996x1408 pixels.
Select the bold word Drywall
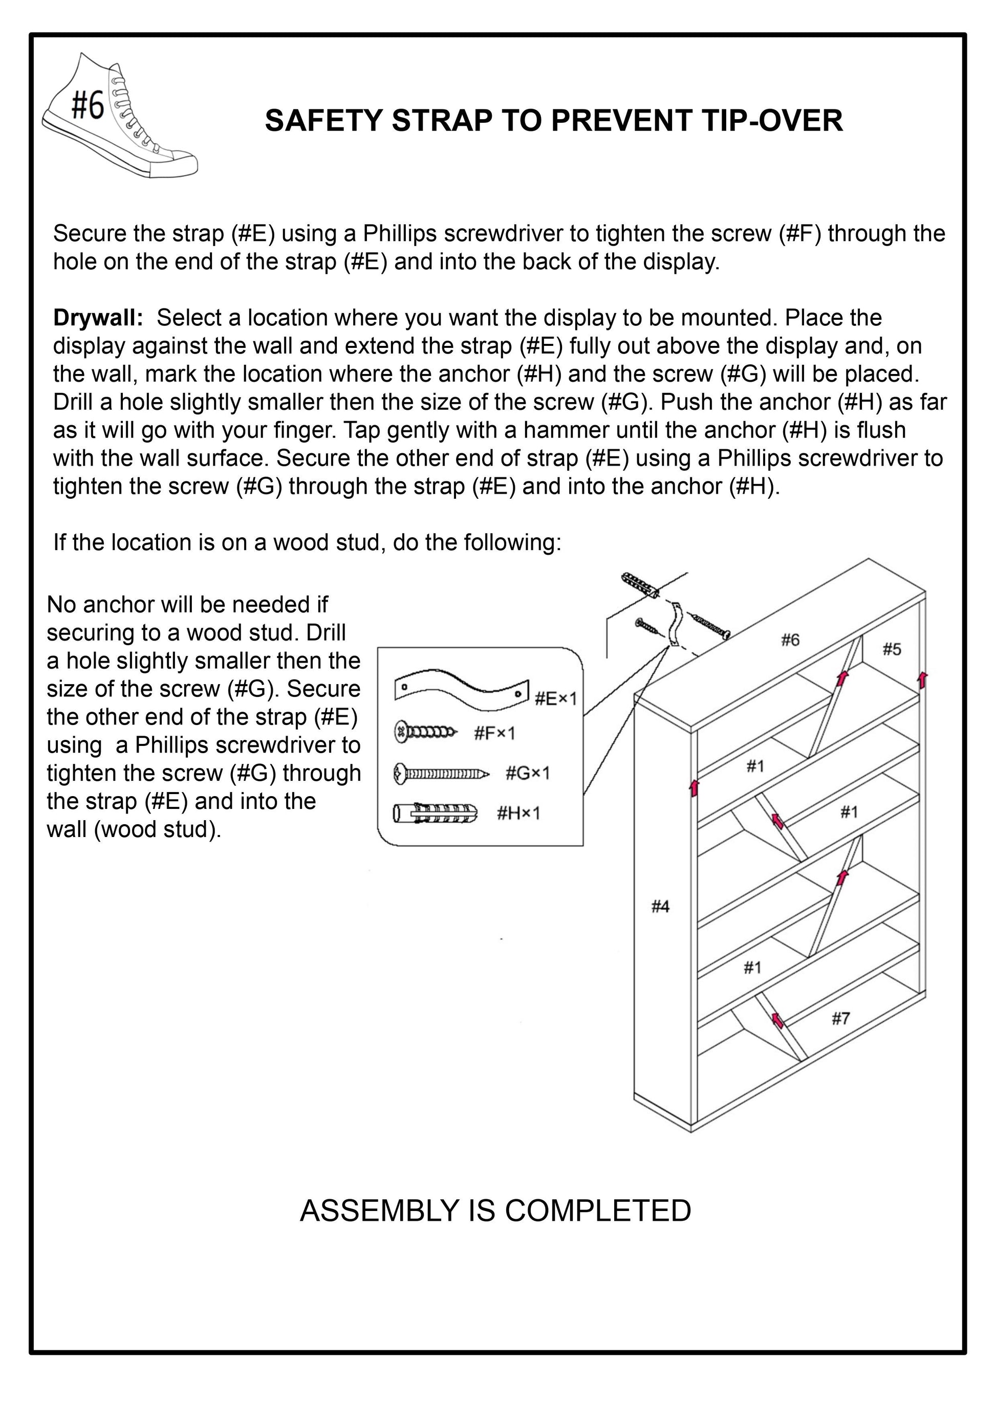98,318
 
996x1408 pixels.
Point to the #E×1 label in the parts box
555,698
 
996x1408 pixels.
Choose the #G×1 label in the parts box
528,773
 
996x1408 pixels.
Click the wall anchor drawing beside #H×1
435,814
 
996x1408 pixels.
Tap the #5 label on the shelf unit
892,649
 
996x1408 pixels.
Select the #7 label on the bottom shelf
841,1019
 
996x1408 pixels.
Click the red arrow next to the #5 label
922,679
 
